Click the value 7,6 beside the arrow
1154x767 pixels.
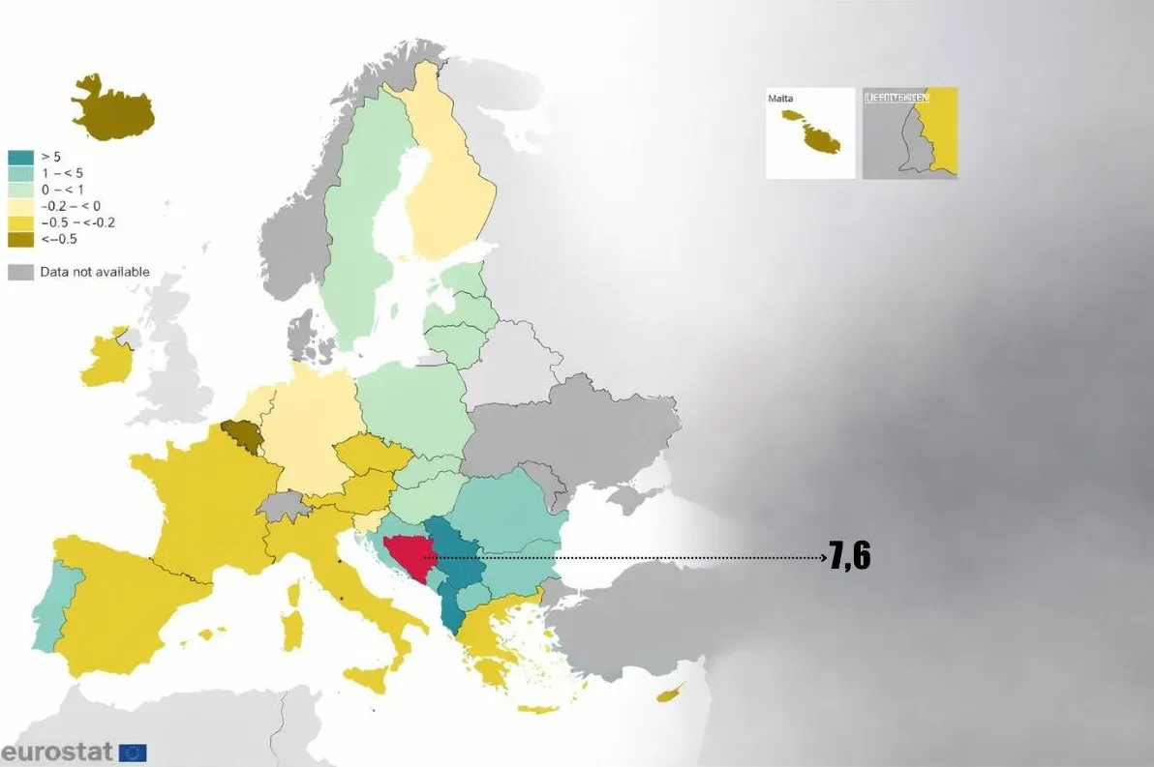click(849, 557)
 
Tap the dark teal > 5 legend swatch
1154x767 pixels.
click(21, 157)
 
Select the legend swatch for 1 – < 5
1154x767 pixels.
click(21, 173)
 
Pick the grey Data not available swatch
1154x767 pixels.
click(21, 272)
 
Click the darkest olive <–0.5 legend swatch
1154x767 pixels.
click(21, 239)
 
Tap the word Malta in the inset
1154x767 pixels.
click(780, 99)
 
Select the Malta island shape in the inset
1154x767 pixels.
click(812, 134)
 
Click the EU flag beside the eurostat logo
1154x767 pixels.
click(133, 752)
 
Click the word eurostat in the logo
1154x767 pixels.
click(57, 752)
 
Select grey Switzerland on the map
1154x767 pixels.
click(283, 506)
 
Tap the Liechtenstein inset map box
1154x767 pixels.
click(909, 133)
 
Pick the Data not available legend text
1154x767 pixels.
click(95, 272)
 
